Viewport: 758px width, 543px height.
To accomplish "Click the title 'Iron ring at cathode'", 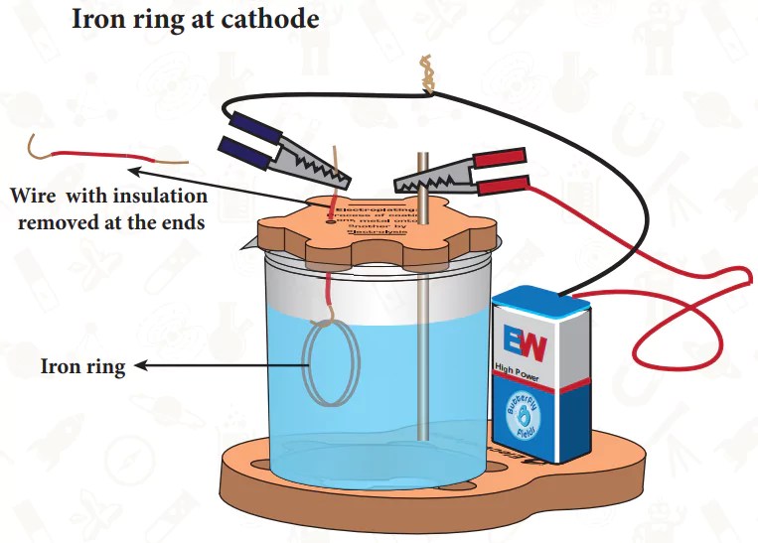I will click(196, 19).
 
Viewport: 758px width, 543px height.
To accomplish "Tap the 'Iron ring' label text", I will click(82, 367).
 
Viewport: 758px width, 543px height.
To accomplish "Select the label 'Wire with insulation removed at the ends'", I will click(106, 208).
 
